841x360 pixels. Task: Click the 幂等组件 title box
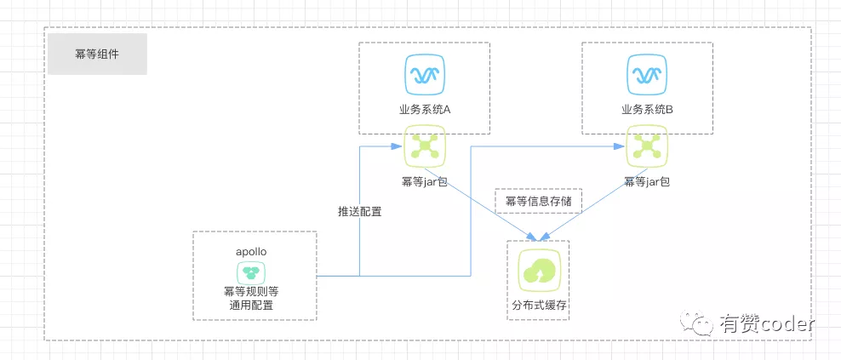97,54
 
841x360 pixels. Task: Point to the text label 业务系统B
647,110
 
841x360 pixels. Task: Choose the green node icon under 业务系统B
647,147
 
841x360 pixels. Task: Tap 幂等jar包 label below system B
647,181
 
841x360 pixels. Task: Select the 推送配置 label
359,211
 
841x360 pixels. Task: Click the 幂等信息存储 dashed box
538,202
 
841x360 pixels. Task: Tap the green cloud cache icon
538,271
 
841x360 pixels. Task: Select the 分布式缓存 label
538,304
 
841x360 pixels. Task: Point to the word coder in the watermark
788,323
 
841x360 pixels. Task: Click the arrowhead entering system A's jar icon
398,147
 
